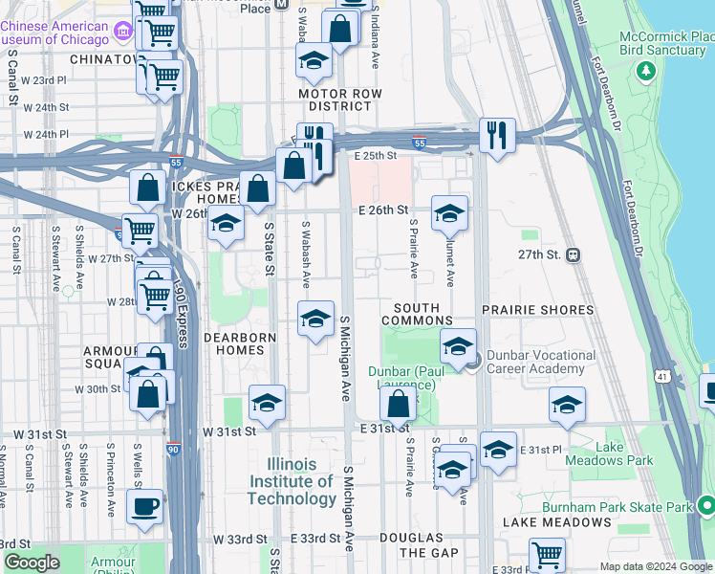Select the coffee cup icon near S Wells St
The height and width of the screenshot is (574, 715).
[x=144, y=507]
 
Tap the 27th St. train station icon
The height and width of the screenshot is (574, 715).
[x=574, y=255]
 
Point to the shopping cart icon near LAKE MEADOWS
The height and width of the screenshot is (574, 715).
[x=547, y=555]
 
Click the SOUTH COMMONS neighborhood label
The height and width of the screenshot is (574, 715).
[x=417, y=315]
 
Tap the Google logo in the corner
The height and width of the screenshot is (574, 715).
[x=32, y=563]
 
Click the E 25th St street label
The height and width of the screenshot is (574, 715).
[x=375, y=155]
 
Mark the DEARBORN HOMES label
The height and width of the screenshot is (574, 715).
[x=240, y=344]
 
